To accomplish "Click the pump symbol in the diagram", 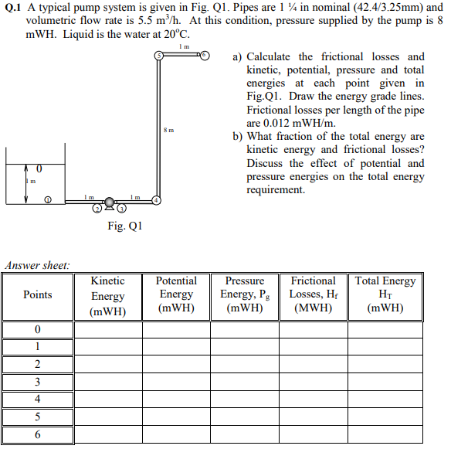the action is point(110,202).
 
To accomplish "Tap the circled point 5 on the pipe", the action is point(159,56).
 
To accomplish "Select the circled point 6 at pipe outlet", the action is point(205,56).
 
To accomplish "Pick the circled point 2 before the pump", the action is point(98,208).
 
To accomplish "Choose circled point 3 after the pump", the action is point(120,208).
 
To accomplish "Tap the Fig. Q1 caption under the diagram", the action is point(124,226).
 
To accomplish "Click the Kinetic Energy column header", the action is point(107,297).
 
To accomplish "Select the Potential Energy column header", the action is point(176,294).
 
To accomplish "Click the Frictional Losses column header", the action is point(313,294).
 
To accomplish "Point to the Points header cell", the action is point(38,294).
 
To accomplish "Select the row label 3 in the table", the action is point(37,382).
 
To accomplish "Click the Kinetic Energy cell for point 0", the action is point(107,330).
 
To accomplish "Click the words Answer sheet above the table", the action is point(38,265).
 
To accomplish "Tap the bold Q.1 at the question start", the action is point(15,7).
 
